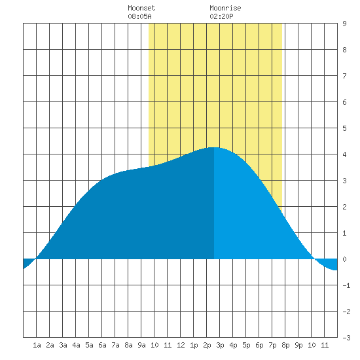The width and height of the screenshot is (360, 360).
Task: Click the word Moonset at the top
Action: coord(141,8)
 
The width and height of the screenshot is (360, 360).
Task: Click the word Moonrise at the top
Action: coord(225,8)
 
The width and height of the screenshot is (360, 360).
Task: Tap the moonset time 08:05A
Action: coord(139,16)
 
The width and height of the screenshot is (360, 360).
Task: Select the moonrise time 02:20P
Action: coord(221,16)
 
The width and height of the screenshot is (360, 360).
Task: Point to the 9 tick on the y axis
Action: coord(344,24)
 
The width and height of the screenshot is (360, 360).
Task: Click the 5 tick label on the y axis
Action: coord(344,128)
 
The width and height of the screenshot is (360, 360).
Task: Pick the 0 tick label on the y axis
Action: coord(344,259)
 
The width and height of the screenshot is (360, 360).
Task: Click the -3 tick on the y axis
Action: coord(346,338)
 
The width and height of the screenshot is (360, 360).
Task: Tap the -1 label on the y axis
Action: coord(346,285)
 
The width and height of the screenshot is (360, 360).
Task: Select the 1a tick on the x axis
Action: coord(37,345)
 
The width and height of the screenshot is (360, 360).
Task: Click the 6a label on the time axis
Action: coord(102,345)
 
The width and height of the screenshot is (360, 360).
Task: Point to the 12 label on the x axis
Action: coord(181,345)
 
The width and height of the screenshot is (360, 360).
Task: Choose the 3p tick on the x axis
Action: coord(220,345)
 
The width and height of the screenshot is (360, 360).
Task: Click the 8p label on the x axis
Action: coord(285,345)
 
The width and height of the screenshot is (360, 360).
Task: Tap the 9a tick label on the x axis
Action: coord(141,345)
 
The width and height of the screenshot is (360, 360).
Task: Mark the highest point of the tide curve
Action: coord(214,147)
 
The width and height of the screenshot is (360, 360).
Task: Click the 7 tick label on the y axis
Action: coord(344,76)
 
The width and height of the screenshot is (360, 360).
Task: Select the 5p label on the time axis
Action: coord(246,345)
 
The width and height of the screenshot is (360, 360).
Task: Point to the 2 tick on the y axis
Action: coord(344,207)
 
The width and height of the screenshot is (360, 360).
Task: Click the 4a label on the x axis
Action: coord(76,345)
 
